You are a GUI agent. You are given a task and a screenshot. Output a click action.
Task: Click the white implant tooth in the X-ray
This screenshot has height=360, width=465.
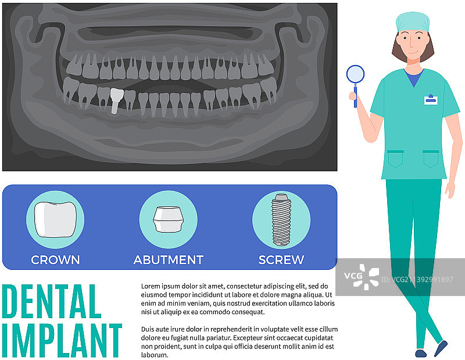pos(116,100)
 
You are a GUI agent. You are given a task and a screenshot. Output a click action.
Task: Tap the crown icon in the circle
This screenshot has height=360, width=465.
pos(55,220)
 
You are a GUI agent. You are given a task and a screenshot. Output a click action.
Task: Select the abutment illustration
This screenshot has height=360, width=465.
pos(169,219)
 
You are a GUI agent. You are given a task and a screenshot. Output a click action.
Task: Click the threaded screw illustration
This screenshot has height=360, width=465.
pos(281,220)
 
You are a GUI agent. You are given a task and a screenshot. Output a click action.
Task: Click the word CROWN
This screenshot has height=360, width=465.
pos(55,260)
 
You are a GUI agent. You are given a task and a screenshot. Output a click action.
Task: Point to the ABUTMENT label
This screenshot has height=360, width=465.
pos(169,260)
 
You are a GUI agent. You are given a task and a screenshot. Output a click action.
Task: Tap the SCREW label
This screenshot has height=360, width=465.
pos(281,260)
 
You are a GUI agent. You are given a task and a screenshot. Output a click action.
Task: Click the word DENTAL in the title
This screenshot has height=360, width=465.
pos(52,301)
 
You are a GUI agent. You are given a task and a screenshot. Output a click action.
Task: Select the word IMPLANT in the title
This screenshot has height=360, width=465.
pos(62,340)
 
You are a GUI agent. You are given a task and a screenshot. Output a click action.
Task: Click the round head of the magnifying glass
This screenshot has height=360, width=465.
pos(355,74)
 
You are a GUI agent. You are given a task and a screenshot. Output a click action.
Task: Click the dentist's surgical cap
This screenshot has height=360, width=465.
pos(413,22)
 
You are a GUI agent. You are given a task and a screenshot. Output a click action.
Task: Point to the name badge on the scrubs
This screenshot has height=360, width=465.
pos(431,99)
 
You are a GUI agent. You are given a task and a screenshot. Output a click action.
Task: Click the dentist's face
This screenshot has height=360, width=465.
pos(413,45)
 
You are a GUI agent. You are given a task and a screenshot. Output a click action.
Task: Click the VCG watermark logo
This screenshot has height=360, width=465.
pos(362,277)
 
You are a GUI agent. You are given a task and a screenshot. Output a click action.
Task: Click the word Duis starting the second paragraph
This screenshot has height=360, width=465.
pos(147,329)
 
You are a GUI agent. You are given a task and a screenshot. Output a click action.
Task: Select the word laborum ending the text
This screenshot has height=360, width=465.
pos(155,355)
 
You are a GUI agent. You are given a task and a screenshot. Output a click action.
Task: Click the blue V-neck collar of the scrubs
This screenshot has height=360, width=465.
pos(414,77)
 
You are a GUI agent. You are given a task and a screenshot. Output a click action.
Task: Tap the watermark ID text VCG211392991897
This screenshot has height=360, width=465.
pos(417,280)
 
